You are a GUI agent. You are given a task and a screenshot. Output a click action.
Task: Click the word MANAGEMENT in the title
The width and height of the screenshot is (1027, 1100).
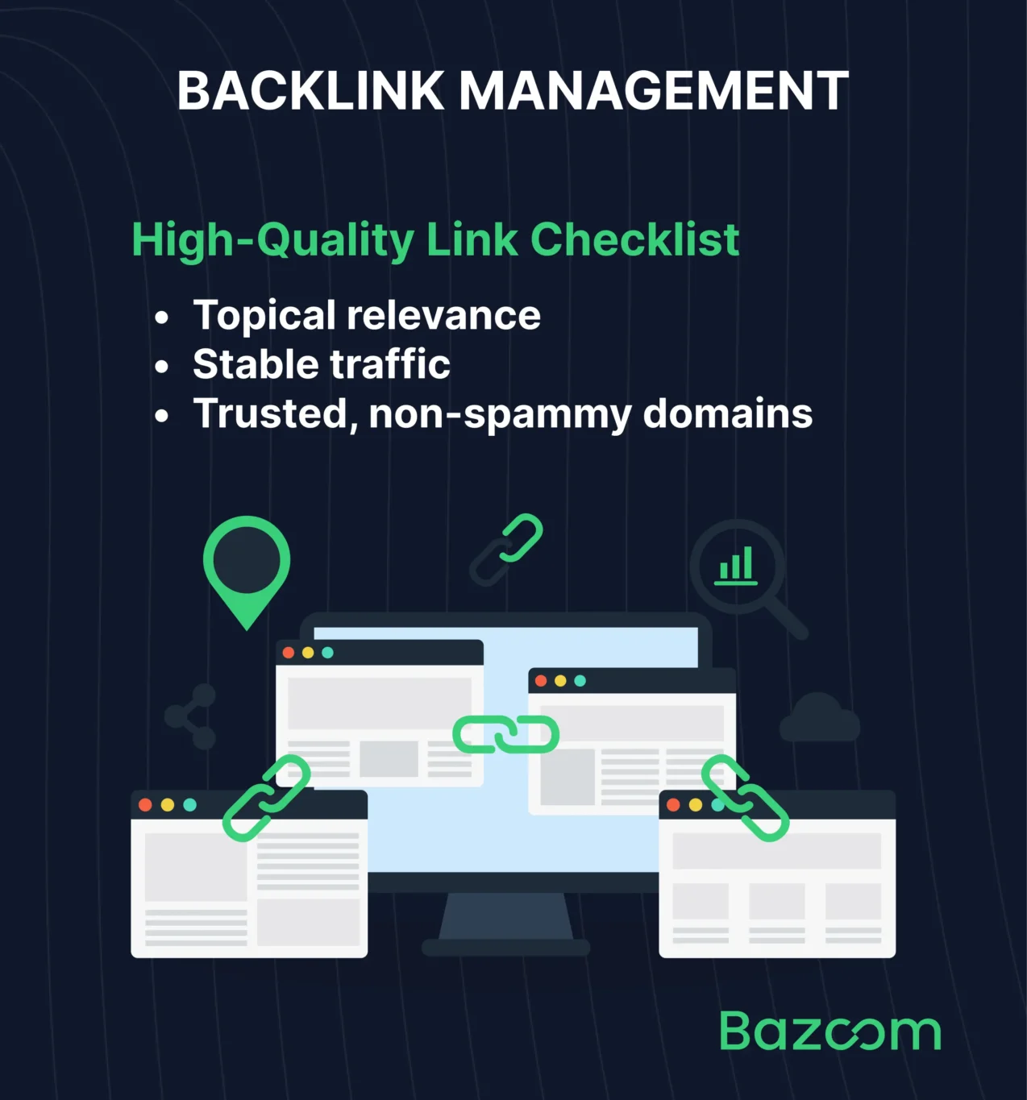point(654,90)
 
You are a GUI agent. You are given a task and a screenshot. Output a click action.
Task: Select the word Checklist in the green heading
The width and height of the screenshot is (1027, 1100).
point(634,239)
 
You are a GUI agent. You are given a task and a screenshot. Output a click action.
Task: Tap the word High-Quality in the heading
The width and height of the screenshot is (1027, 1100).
point(272,241)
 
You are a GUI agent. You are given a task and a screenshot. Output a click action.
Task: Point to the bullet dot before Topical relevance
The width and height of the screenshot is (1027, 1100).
point(162,318)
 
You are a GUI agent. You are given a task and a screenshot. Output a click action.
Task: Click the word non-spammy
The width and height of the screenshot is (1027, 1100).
point(500,415)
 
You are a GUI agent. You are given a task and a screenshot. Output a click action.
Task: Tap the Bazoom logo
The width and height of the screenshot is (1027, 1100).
point(829,1031)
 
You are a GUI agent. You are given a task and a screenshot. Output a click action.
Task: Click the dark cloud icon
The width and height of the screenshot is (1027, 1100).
point(819,719)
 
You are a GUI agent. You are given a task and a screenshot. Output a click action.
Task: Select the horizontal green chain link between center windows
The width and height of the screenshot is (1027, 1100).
point(505,734)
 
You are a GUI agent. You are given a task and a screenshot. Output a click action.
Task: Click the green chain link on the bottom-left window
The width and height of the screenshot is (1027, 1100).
point(266,798)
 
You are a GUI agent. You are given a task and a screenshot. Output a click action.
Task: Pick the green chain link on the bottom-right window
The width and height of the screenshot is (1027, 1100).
point(745,798)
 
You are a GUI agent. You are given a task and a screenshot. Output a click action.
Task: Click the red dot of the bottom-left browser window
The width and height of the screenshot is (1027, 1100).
point(145,804)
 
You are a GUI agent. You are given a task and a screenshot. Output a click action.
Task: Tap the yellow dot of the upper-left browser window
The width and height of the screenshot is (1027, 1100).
point(308,653)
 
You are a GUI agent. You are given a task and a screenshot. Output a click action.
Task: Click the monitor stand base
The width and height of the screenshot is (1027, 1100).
point(505,947)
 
